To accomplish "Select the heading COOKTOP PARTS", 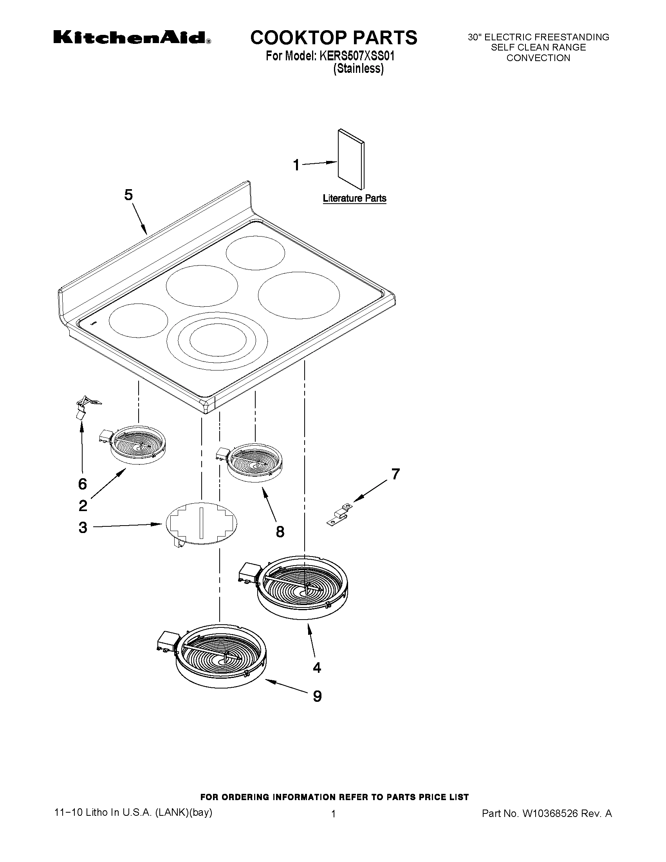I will coord(334,38).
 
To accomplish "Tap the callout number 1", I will coord(296,165).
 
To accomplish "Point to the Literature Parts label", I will coord(354,199).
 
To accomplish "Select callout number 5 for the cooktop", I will coord(129,195).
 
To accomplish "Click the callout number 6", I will coord(83,484).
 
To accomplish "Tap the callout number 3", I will coord(83,527).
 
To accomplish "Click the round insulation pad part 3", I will coord(202,523).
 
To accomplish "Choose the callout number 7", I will coord(395,473).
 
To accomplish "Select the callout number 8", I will coord(280,532).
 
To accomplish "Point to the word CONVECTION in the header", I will coord(538,58).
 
